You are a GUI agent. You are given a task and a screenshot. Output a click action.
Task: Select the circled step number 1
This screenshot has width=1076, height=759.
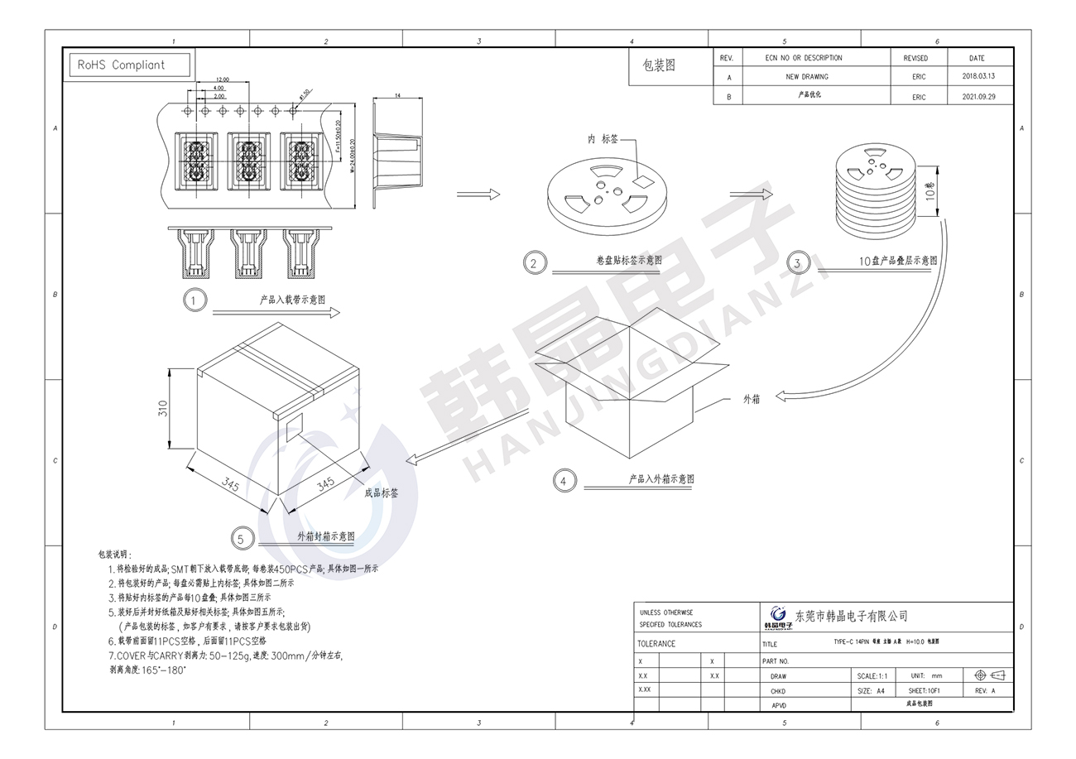pyautogui.click(x=194, y=300)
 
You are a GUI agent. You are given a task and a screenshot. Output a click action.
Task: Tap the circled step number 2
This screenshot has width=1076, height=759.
pyautogui.click(x=535, y=263)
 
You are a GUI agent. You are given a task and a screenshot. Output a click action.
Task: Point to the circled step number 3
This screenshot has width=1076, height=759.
pyautogui.click(x=797, y=263)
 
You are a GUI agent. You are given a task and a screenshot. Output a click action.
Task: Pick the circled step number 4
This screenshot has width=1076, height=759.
pyautogui.click(x=564, y=481)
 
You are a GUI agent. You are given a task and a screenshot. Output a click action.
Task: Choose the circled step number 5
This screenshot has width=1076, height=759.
pyautogui.click(x=241, y=540)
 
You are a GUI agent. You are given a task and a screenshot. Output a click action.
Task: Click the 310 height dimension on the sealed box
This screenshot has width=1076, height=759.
pyautogui.click(x=163, y=407)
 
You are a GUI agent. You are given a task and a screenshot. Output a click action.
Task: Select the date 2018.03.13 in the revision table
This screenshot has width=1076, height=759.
pyautogui.click(x=978, y=76)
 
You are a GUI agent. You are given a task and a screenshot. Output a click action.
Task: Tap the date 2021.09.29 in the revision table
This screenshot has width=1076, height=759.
pyautogui.click(x=978, y=96)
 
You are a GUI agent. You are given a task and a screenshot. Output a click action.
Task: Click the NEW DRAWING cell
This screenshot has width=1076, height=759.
pyautogui.click(x=807, y=76)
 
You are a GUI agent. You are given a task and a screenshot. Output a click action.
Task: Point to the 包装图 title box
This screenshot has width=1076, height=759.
pyautogui.click(x=659, y=65)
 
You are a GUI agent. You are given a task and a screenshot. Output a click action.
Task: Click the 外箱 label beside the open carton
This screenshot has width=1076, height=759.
pyautogui.click(x=751, y=399)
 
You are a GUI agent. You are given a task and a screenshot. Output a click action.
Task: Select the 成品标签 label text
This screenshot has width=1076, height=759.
pyautogui.click(x=382, y=492)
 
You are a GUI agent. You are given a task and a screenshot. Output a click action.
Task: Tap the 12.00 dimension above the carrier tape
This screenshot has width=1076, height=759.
pyautogui.click(x=222, y=79)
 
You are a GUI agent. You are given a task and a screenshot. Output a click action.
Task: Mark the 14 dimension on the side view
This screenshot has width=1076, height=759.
pyautogui.click(x=397, y=96)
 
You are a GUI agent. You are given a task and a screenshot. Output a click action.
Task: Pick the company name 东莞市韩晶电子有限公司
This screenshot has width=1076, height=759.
pyautogui.click(x=851, y=616)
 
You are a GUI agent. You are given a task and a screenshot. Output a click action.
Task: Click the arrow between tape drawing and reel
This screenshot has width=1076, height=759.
pyautogui.click(x=478, y=195)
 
